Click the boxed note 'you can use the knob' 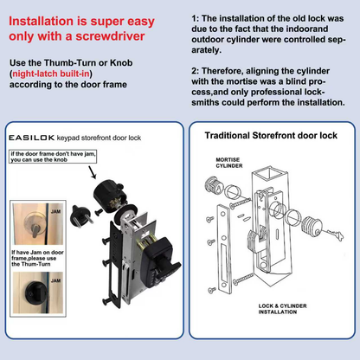point(52,157)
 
